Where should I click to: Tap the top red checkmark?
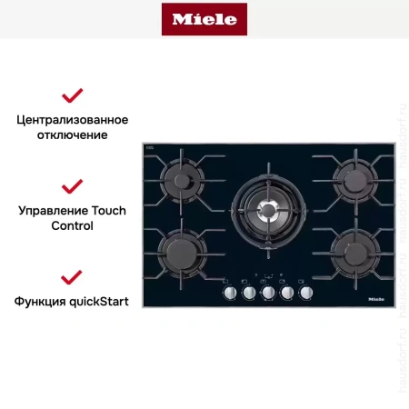tap(72, 95)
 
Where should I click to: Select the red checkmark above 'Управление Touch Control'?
tap(72, 186)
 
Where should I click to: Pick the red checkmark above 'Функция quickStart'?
tap(72, 276)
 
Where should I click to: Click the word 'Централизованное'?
tap(73, 119)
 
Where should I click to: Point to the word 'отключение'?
tap(73, 135)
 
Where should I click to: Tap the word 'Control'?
tap(73, 225)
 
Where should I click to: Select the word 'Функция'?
tap(38, 301)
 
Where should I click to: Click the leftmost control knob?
tap(229, 293)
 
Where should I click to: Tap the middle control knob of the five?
tap(268, 293)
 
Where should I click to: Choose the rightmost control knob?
tap(306, 293)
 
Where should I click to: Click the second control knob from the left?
tap(248, 293)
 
